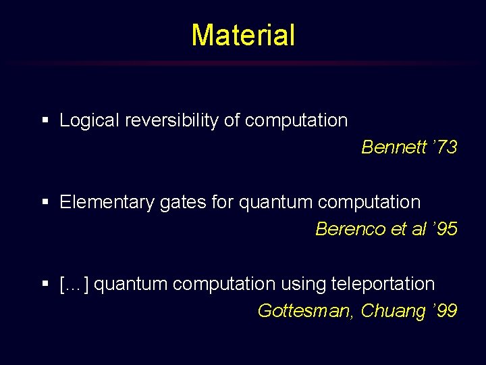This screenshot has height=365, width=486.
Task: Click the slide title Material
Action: coord(243,35)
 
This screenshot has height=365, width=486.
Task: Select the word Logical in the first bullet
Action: coord(84,121)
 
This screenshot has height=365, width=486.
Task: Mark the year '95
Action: coord(445,229)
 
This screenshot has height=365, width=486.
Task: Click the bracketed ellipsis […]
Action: coord(74,285)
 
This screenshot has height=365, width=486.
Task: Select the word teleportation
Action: coord(383,285)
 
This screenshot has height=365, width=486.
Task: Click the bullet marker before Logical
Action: coord(45,121)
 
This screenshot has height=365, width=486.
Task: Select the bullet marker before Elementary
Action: coord(45,203)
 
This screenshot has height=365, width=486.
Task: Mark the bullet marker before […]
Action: coord(45,285)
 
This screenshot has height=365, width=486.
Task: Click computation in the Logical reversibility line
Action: coord(296,121)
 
